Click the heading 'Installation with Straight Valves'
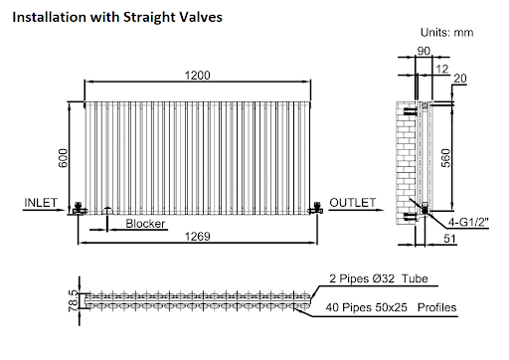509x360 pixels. coord(118,18)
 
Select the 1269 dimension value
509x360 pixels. coord(199,237)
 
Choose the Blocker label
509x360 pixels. coord(145,224)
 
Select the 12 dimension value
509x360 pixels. coord(440,69)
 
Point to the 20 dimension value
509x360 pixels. coord(460,80)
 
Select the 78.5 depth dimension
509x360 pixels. coord(72,298)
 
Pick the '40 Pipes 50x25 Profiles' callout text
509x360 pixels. coord(393,307)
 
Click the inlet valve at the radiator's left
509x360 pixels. coord(78,209)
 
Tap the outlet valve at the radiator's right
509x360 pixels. coord(316,208)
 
